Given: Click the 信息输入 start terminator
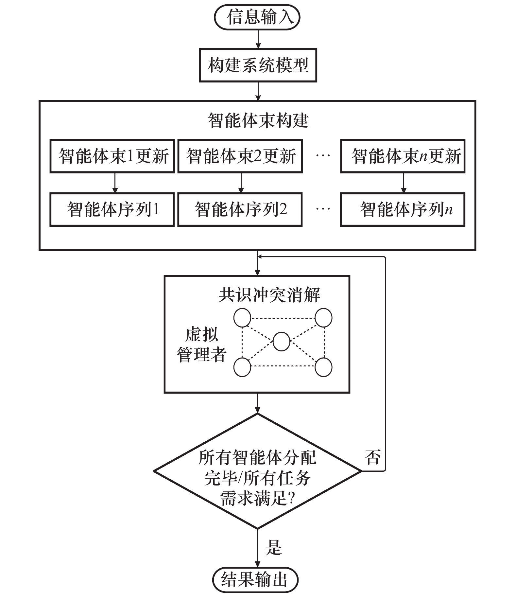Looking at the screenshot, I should point(257,17).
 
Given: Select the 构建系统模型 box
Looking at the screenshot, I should point(258,65).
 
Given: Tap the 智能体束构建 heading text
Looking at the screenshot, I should point(258,120).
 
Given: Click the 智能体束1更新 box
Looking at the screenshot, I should point(112,156).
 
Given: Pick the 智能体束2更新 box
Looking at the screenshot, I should point(240,156).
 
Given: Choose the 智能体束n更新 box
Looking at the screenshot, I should point(403,156).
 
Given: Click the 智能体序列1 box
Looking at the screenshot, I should point(112,209).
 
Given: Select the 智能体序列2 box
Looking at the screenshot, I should point(240,209).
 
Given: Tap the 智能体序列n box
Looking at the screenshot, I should point(403,209).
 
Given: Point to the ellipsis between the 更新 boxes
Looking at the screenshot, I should point(323,156).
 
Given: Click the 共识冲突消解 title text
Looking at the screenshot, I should point(269,295).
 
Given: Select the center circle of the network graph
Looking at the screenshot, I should point(281,342).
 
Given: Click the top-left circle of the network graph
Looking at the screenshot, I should point(242,317).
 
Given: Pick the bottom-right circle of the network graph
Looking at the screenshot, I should point(323,367).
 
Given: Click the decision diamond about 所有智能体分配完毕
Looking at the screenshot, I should point(258,471).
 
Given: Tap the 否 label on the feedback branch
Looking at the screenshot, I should point(373,457).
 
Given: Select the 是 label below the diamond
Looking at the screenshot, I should point(274,547).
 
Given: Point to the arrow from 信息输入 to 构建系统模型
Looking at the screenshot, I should point(258,39).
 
